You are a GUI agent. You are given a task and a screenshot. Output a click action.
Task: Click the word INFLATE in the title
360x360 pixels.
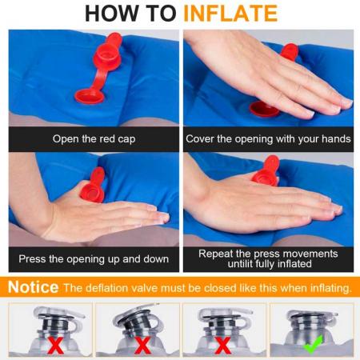[x=230, y=14]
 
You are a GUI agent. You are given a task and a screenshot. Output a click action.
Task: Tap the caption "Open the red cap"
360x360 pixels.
[x=94, y=139]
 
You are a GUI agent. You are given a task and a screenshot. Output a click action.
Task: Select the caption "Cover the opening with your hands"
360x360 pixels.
[x=268, y=139]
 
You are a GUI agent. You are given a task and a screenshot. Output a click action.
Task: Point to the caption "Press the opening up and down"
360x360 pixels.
[x=94, y=259]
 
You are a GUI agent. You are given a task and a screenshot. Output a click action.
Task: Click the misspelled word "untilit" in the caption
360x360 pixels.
[x=240, y=264]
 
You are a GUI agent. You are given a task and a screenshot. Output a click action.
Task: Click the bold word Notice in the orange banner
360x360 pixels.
[x=33, y=287]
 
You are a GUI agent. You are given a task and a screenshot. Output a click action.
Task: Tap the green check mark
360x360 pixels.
[x=313, y=345]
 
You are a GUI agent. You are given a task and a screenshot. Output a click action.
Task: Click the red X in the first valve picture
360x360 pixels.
[x=55, y=346]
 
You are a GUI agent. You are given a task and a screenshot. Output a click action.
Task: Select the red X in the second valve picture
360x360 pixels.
[x=142, y=346]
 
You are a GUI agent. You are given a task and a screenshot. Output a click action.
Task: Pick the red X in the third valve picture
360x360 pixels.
[x=222, y=346]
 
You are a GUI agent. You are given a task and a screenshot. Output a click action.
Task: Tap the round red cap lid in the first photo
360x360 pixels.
[x=89, y=97]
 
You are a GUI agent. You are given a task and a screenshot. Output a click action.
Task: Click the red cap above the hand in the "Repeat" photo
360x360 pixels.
[x=266, y=170]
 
